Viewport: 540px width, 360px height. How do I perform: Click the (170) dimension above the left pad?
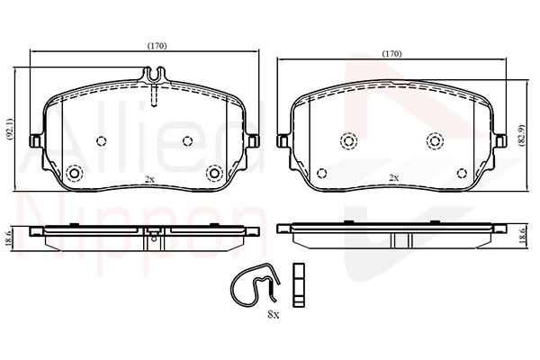(x=157, y=46)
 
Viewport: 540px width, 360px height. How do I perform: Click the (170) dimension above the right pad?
(x=392, y=54)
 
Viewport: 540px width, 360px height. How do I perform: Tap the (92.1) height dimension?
(x=9, y=129)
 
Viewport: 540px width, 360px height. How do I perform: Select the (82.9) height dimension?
(x=522, y=135)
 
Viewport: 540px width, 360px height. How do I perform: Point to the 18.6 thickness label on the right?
(x=523, y=236)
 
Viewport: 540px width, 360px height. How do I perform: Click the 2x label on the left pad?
(x=149, y=179)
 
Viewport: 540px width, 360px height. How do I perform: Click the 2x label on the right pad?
(x=393, y=178)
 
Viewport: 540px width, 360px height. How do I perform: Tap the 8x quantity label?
(x=274, y=314)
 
